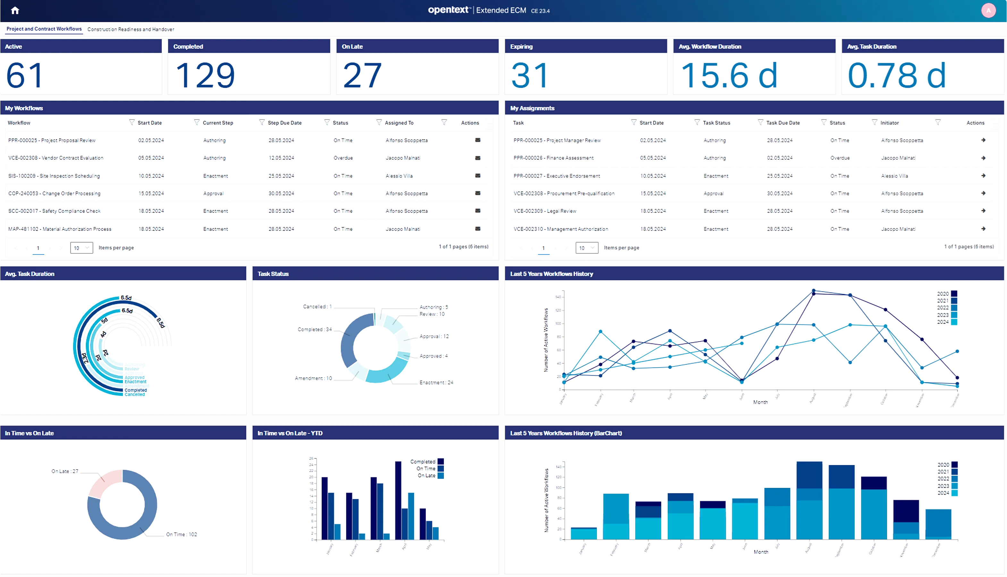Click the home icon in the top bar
point(15,10)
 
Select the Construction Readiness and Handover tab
point(131,29)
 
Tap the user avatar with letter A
point(988,10)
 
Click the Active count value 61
point(25,75)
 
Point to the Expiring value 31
point(530,75)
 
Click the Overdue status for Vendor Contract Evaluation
point(343,158)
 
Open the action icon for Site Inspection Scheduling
point(478,176)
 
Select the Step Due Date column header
point(284,123)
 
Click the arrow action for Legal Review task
point(983,211)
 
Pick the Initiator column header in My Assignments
point(889,123)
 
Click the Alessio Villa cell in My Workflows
point(399,176)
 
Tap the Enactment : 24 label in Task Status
point(436,382)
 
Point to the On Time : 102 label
point(181,534)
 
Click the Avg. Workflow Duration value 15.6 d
point(729,75)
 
